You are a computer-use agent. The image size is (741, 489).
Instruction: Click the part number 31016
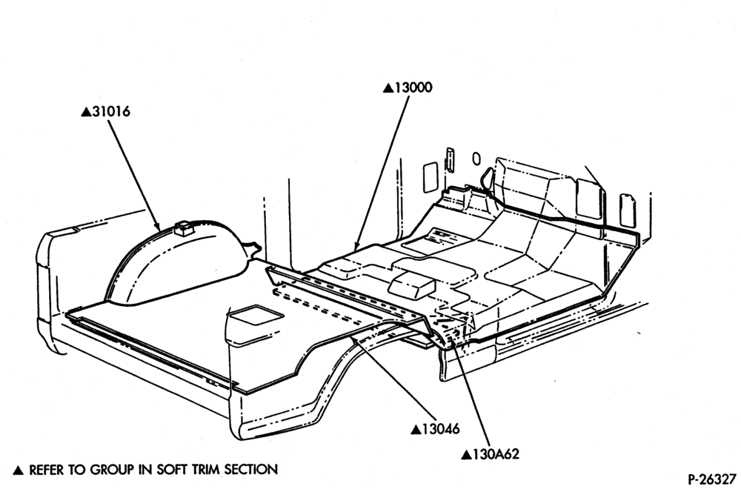click(x=111, y=112)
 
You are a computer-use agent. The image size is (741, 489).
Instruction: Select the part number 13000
click(x=413, y=88)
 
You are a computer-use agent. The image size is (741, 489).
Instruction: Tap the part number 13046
click(x=440, y=429)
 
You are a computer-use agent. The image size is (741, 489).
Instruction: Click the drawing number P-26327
click(x=713, y=479)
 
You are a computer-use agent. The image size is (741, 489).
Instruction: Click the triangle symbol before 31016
click(x=86, y=113)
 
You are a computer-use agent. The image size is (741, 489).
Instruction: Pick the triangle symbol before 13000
click(x=388, y=88)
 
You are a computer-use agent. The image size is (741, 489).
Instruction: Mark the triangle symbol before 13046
click(x=416, y=430)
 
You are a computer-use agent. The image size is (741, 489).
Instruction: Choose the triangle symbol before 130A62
click(x=467, y=455)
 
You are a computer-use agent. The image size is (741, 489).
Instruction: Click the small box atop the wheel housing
click(x=183, y=227)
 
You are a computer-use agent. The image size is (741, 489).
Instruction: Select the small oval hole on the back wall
click(x=476, y=159)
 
